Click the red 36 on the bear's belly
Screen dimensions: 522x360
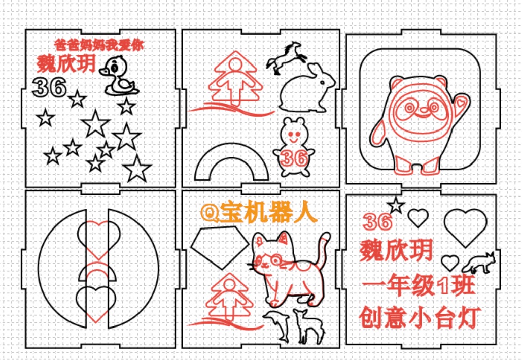click(294, 158)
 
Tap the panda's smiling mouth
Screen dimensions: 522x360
click(422, 115)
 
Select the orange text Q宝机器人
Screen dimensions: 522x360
click(259, 212)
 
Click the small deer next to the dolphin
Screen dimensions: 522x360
click(308, 326)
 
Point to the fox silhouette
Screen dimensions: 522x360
click(479, 263)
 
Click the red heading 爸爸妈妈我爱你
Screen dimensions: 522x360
click(99, 45)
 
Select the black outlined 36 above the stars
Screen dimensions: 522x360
click(49, 87)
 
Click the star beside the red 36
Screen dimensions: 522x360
click(396, 205)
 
